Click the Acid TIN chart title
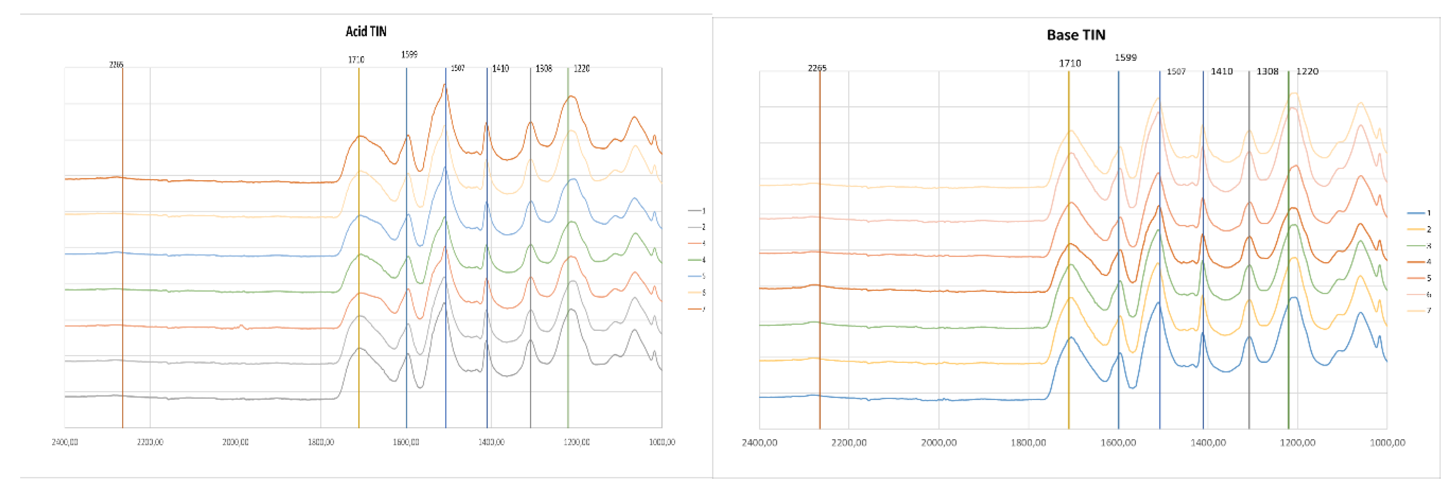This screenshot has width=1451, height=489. click(x=366, y=32)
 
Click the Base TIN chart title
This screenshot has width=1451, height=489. click(x=1075, y=35)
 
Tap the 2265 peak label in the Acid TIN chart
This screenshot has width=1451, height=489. click(x=116, y=65)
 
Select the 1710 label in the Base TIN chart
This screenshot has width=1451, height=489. click(x=1069, y=64)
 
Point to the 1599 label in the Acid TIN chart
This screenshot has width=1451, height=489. click(x=409, y=55)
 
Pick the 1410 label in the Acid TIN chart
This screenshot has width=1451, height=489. click(x=500, y=69)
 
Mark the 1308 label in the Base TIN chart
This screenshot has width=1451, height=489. click(x=1268, y=72)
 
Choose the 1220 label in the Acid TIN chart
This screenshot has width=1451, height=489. click(x=581, y=69)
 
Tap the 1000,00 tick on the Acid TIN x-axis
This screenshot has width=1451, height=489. click(x=662, y=442)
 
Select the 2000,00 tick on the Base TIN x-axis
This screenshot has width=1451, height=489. click(x=939, y=443)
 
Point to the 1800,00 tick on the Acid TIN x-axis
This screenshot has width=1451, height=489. click(x=321, y=442)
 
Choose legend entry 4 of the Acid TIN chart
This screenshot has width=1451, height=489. click(x=697, y=260)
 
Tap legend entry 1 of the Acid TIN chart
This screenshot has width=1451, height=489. click(x=697, y=211)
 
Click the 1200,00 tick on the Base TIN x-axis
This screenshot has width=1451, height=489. click(x=1297, y=443)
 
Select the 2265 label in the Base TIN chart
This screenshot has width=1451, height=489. click(x=817, y=68)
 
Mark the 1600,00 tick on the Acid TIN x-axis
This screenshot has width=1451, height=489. click(x=406, y=442)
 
